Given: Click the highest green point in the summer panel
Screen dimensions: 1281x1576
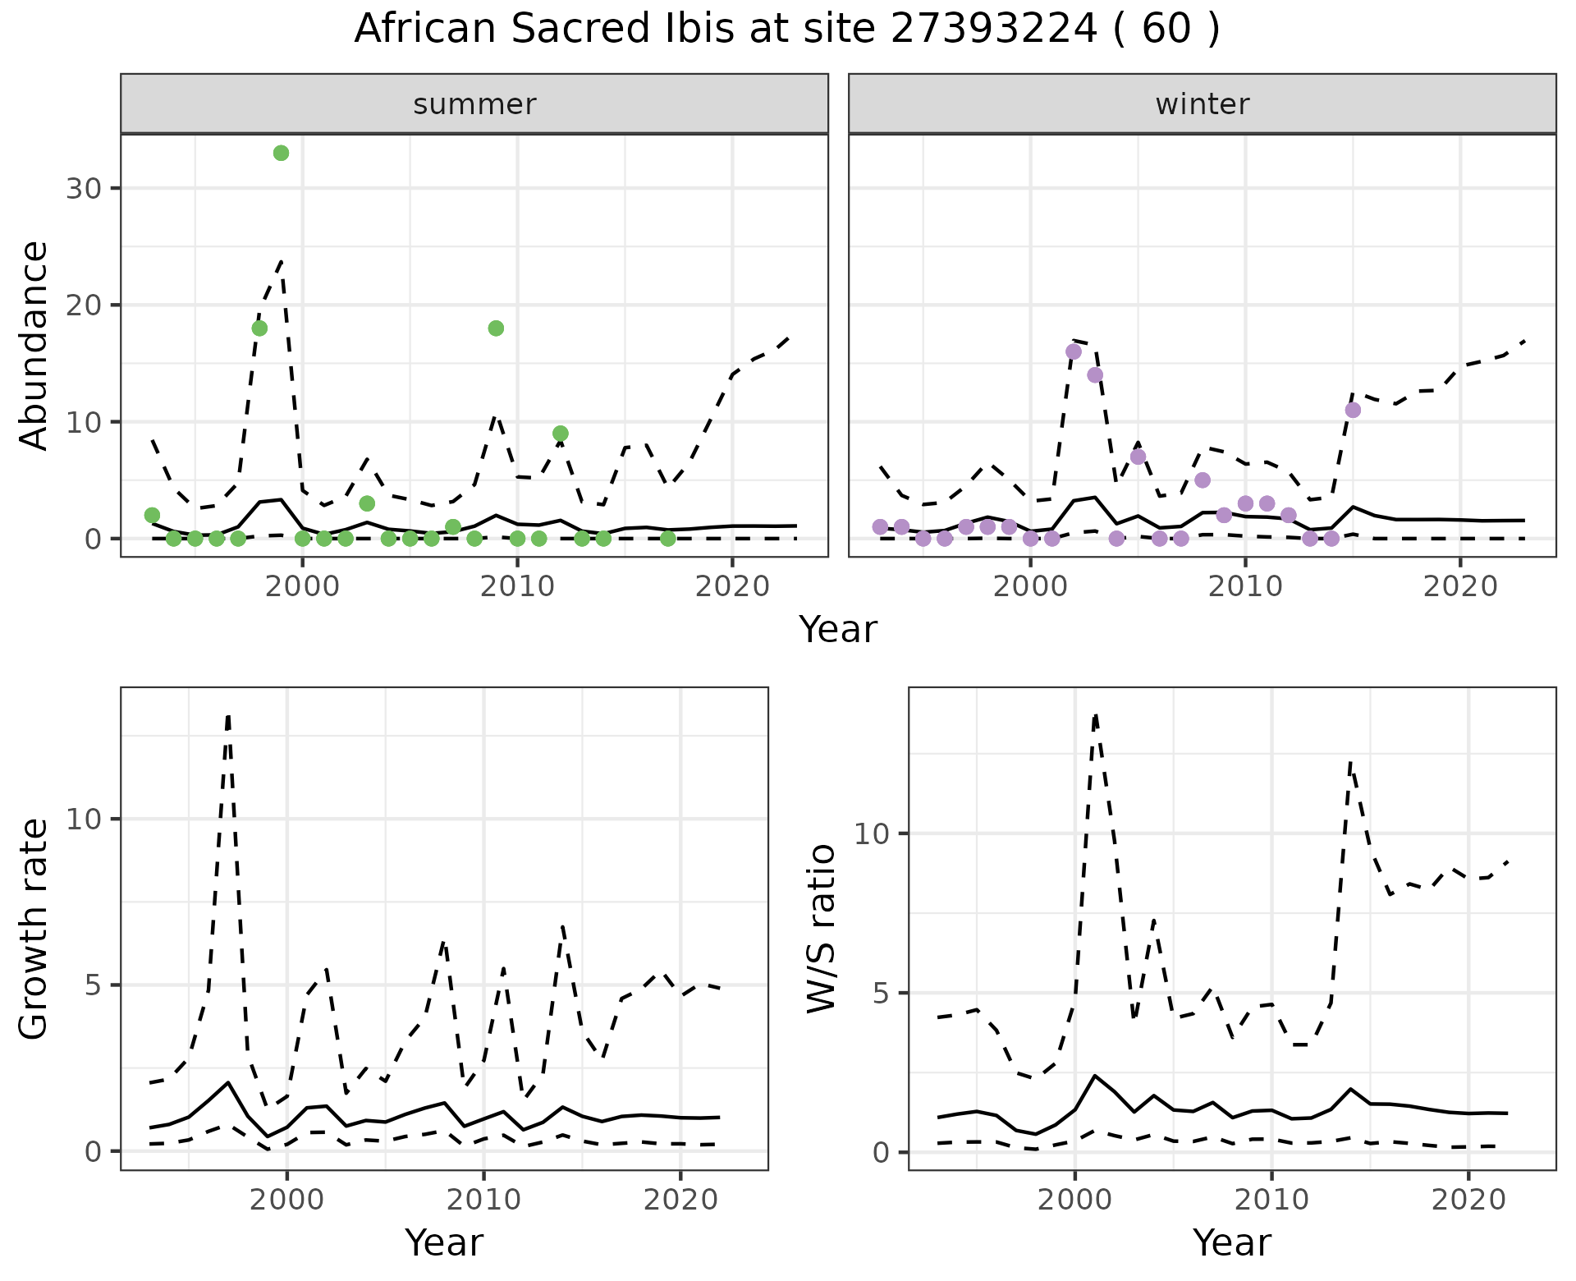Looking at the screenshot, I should click(281, 153).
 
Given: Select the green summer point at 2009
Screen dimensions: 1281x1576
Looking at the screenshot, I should click(496, 328).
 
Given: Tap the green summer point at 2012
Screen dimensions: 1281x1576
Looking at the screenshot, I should click(561, 434).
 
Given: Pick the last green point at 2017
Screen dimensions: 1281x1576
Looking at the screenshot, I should click(668, 539).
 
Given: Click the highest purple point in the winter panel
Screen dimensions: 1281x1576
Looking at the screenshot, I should click(1074, 351).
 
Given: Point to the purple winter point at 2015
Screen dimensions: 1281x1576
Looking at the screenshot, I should click(1353, 410).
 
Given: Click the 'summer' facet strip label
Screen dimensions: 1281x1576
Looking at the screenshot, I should click(474, 104).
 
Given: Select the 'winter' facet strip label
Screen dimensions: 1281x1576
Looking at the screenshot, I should click(1202, 104).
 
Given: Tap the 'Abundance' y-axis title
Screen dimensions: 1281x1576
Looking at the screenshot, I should click(34, 345).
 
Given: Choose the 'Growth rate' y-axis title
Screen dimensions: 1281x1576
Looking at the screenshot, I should click(34, 928).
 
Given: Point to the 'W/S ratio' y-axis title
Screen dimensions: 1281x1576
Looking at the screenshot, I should click(821, 928).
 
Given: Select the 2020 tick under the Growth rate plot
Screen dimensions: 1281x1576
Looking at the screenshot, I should click(680, 1200).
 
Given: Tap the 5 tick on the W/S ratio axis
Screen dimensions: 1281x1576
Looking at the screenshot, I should click(879, 993).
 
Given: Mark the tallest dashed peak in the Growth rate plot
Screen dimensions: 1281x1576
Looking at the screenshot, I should click(228, 716).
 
